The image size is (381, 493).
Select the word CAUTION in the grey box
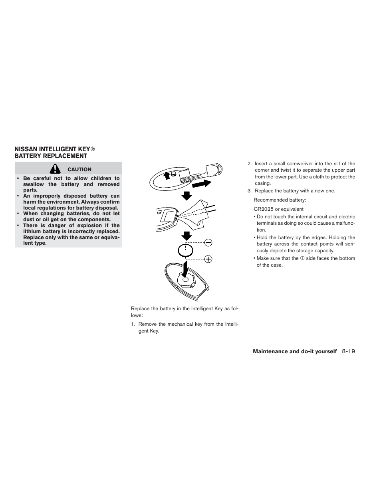pyautogui.click(x=79, y=170)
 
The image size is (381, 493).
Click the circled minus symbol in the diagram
pyautogui.click(x=208, y=242)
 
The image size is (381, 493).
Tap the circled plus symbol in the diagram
pyautogui.click(x=208, y=259)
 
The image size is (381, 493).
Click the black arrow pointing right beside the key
pyautogui.click(x=202, y=184)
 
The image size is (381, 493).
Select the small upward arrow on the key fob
pyautogui.click(x=167, y=175)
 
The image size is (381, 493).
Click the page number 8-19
pyautogui.click(x=348, y=352)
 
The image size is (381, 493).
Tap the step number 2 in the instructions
pyautogui.click(x=249, y=164)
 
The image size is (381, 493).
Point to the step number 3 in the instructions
pyautogui.click(x=249, y=191)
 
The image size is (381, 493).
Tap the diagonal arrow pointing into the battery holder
pyautogui.click(x=185, y=270)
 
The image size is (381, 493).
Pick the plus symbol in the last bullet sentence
pyautogui.click(x=302, y=258)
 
